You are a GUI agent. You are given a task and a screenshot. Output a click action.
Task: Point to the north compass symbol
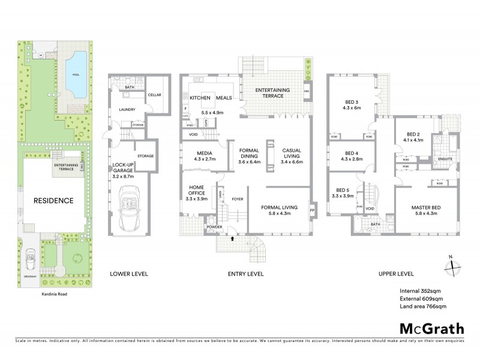pyautogui.click(x=451, y=263)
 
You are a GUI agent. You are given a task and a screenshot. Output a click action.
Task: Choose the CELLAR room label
pyautogui.click(x=154, y=95)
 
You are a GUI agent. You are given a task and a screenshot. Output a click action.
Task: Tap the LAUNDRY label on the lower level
pyautogui.click(x=127, y=110)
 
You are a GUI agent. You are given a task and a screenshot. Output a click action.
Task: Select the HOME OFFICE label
pyautogui.click(x=196, y=190)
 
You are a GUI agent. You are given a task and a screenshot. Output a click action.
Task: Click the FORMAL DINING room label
pyautogui.click(x=248, y=154)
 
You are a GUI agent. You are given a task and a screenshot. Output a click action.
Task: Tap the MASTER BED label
pyautogui.click(x=426, y=208)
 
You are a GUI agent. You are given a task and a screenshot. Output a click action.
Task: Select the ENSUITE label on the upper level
pyautogui.click(x=445, y=159)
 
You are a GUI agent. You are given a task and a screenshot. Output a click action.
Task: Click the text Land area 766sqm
pyautogui.click(x=423, y=307)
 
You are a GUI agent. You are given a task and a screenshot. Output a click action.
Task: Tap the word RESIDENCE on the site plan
pyautogui.click(x=53, y=201)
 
